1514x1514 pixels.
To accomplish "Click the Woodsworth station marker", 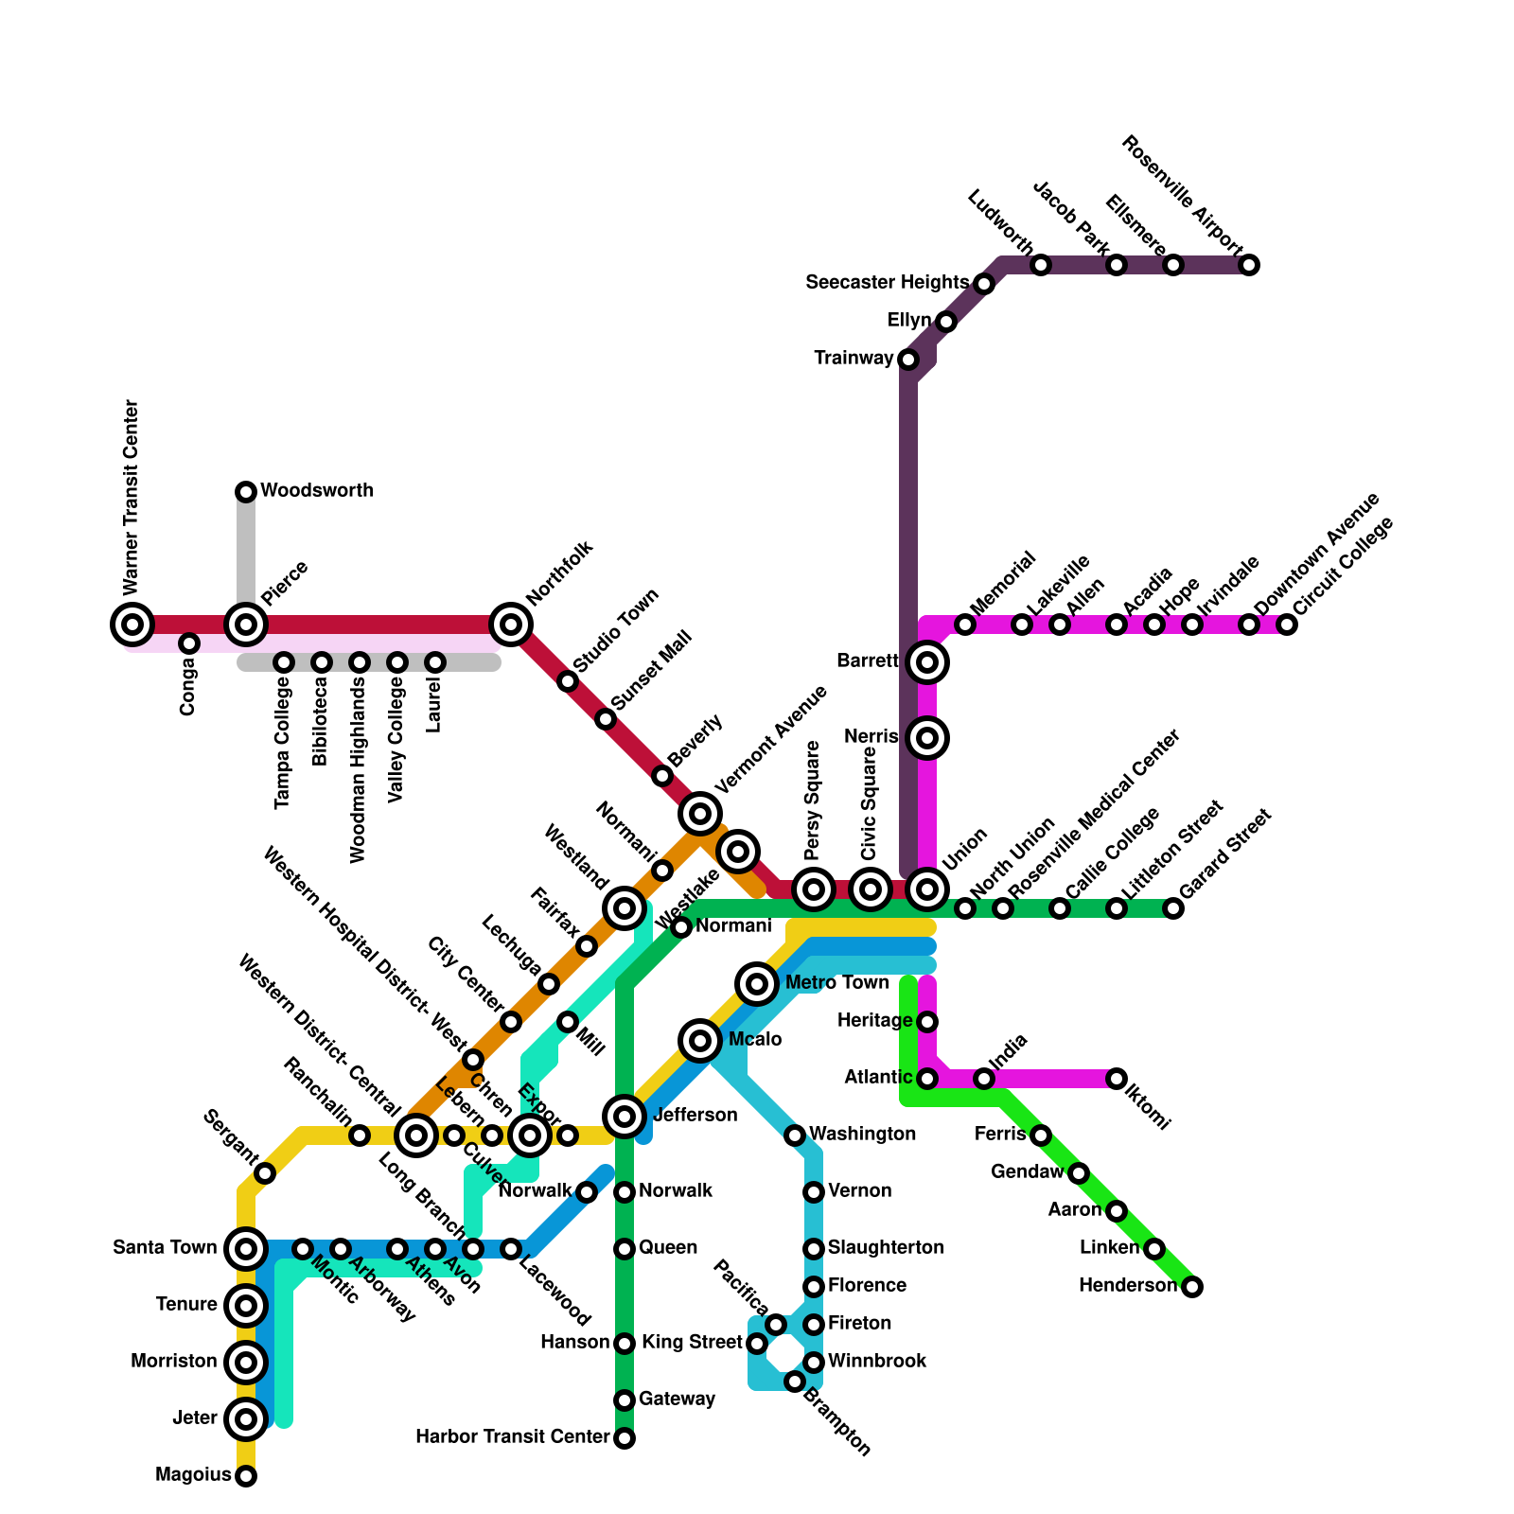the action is [246, 491].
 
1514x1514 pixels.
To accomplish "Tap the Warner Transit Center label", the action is [132, 496].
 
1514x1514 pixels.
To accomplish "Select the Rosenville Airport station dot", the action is [1249, 265].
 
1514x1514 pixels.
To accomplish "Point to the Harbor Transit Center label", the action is [513, 1437].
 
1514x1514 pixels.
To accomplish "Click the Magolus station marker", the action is [246, 1476].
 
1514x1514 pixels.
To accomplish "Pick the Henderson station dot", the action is [1192, 1287].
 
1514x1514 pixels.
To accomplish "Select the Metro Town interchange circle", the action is [757, 984].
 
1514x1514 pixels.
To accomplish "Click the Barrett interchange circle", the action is [927, 662].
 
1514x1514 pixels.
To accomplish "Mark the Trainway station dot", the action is [908, 360].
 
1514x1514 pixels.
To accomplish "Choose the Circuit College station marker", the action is [1287, 625].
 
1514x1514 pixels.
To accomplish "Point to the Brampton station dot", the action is [795, 1382].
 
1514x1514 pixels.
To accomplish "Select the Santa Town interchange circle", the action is [246, 1249].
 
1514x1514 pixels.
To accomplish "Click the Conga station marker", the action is [189, 643].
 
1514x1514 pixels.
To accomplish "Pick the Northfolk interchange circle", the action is [511, 625].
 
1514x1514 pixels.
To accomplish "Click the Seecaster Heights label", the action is [887, 283].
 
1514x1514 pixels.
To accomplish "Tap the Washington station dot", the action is [795, 1135].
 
